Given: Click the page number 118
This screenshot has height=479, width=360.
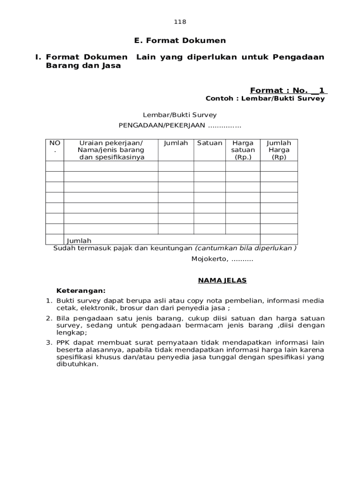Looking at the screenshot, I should point(180,22).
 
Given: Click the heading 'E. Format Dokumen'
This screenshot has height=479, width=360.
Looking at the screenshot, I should point(180,41).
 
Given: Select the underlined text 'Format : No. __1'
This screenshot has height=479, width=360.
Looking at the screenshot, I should point(288,90).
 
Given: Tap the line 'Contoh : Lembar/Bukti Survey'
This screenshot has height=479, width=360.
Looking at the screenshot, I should point(265,99).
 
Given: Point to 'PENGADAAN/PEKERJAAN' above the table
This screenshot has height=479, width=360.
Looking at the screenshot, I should point(162,125).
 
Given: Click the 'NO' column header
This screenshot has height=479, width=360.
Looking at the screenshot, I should point(55,143).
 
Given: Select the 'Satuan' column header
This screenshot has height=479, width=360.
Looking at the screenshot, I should point(209,143).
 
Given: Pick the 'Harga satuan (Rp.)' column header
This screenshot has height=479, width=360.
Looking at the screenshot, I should point(243,150).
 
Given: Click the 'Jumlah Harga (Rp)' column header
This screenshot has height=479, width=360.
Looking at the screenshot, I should point(279,150).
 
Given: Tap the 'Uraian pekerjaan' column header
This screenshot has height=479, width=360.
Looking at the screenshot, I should point(111,150).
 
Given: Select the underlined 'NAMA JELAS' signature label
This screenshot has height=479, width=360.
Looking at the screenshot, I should point(222,281).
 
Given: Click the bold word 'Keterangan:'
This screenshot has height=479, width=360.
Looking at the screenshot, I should point(81,290).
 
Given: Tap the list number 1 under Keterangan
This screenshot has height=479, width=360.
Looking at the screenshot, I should point(49,301).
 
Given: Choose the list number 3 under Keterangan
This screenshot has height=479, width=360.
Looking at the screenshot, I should point(49,343).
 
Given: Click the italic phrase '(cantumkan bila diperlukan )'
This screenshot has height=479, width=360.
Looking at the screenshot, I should point(245,248).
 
